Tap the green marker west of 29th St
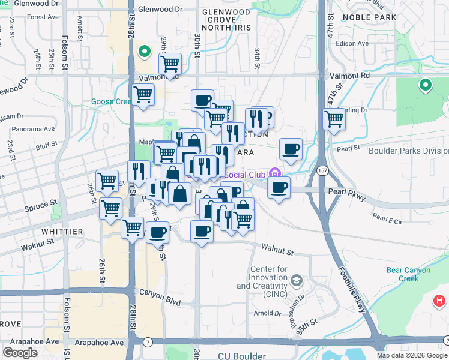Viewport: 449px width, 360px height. pyautogui.click(x=144, y=51)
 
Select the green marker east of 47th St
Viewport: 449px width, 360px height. pyautogui.click(x=426, y=86)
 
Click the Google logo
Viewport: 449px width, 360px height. pyautogui.click(x=20, y=353)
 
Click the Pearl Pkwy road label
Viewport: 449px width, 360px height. pyautogui.click(x=350, y=191)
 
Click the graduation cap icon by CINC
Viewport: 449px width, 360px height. pyautogui.click(x=296, y=280)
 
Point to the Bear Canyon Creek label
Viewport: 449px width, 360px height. pyautogui.click(x=408, y=274)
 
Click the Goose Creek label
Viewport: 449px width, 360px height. pyautogui.click(x=111, y=102)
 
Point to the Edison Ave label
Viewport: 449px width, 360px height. pyautogui.click(x=355, y=43)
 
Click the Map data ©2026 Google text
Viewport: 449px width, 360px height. pyautogui.click(x=411, y=355)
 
